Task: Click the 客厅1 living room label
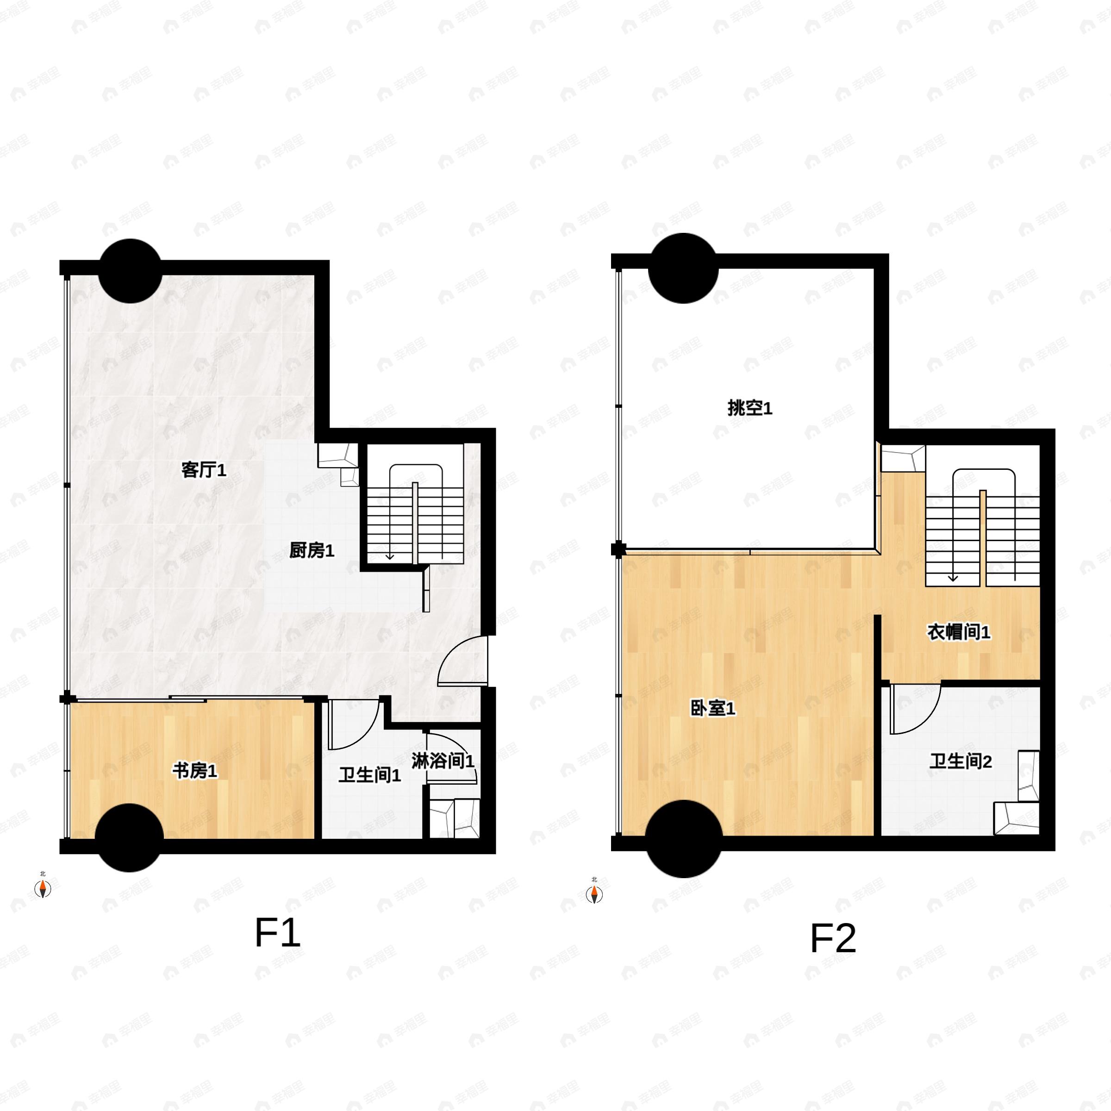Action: pos(204,470)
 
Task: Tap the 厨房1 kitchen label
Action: pos(312,551)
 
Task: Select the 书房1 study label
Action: pos(195,771)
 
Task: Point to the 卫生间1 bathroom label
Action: pos(369,775)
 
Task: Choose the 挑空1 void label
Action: pos(750,408)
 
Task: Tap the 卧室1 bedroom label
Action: pos(713,708)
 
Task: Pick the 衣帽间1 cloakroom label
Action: pos(959,632)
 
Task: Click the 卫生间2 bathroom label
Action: pos(961,762)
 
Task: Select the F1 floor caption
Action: pos(278,933)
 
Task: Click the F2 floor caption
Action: pos(833,938)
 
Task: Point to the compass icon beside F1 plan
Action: pos(43,888)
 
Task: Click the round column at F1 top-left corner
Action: pos(130,271)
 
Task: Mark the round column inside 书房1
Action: pos(130,838)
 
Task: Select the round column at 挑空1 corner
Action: pos(683,268)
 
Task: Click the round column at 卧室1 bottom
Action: pos(684,839)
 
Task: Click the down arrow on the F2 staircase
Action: pos(953,575)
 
